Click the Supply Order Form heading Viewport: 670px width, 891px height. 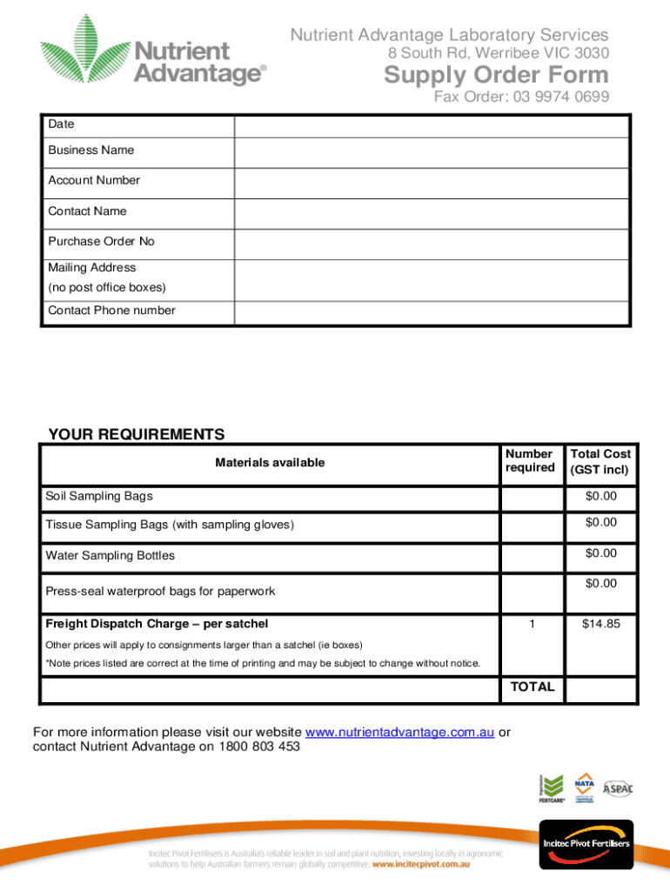496,77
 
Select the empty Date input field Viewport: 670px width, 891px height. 431,125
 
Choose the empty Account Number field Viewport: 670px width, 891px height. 431,182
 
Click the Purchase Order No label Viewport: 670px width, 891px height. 101,241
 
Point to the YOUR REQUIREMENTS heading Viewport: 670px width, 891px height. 136,435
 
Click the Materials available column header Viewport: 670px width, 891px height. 270,462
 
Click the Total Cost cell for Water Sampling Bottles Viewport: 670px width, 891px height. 600,553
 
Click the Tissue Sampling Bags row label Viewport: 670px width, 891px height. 170,524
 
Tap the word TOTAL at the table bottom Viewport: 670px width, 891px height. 532,687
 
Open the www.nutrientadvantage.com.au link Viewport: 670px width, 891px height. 400,733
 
